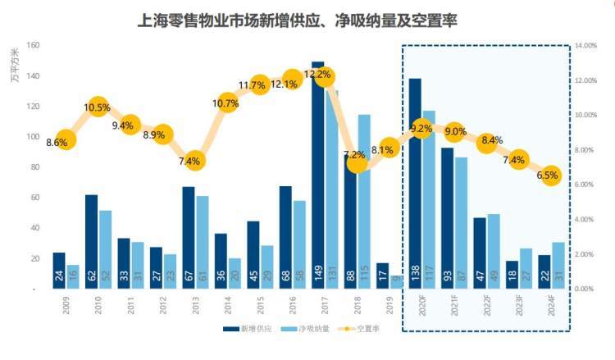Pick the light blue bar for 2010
pos(106,246)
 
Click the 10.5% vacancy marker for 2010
pos(97,107)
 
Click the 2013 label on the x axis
pos(195,311)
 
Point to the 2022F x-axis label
pos(486,313)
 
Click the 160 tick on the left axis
pos(34,46)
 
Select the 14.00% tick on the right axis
pos(586,46)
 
